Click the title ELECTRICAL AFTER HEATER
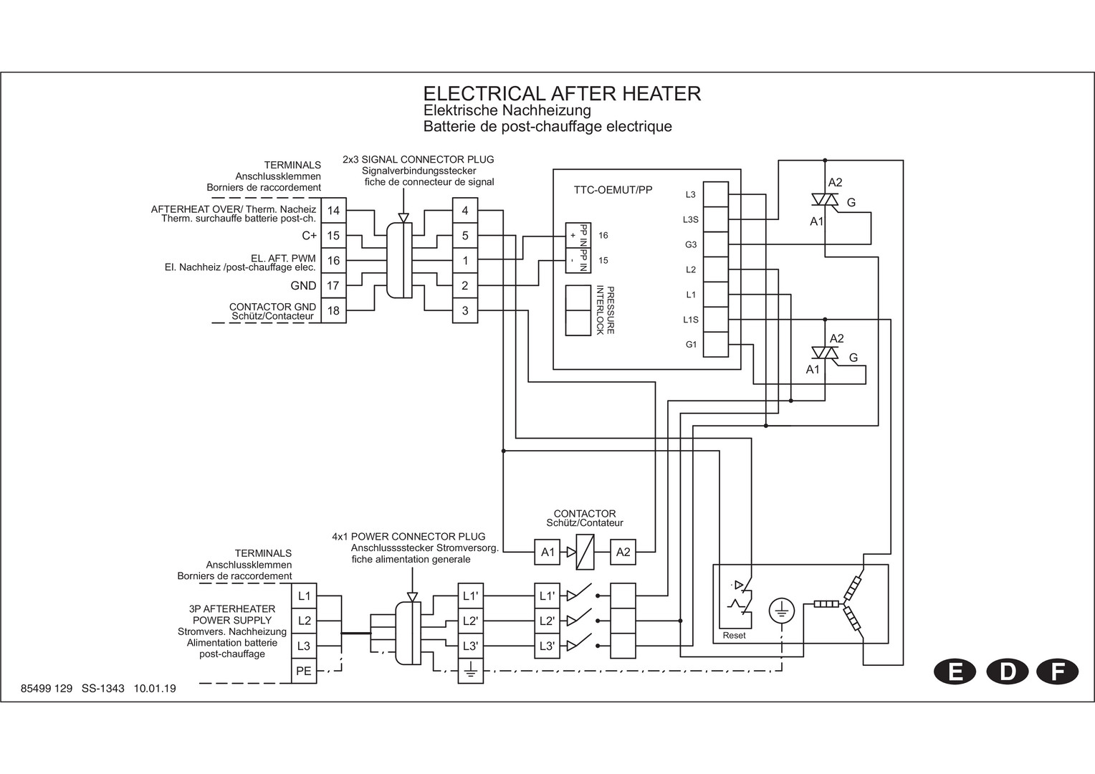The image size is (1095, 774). (562, 94)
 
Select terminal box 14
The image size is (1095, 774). (333, 211)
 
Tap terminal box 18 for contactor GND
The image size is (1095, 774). (333, 310)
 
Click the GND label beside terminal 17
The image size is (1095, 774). (303, 285)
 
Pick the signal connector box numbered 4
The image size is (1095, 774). (465, 211)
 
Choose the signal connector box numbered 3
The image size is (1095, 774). (465, 310)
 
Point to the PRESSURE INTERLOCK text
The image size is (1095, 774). (606, 310)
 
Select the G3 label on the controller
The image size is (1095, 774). (691, 244)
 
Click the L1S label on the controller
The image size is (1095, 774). (691, 320)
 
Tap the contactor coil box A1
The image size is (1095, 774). (547, 552)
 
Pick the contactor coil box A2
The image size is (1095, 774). (623, 552)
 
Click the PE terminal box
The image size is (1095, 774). (304, 672)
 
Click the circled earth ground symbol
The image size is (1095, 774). (781, 611)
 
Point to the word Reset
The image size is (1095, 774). (734, 635)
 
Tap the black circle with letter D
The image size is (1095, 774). (1008, 672)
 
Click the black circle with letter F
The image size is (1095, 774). (1056, 672)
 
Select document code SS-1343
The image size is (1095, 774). (103, 689)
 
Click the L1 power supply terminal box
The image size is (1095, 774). (304, 596)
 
